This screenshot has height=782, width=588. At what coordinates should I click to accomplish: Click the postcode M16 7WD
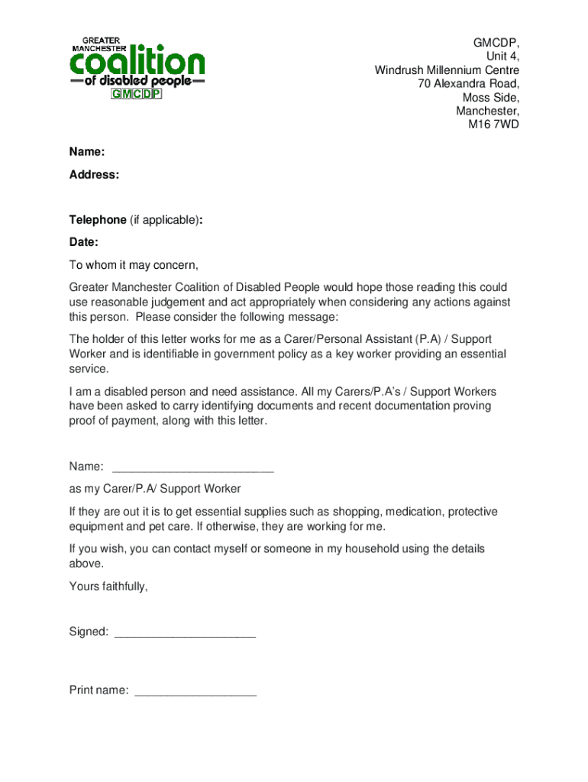pyautogui.click(x=493, y=124)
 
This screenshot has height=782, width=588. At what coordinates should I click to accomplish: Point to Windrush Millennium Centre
pyautogui.click(x=447, y=70)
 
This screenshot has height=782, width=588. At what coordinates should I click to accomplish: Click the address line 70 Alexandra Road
pyautogui.click(x=468, y=84)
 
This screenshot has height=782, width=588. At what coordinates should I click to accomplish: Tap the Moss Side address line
pyautogui.click(x=490, y=98)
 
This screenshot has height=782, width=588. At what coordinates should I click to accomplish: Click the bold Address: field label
pyautogui.click(x=94, y=175)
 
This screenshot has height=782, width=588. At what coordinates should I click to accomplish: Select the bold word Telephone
pyautogui.click(x=98, y=220)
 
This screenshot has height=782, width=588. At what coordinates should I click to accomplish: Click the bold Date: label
pyautogui.click(x=84, y=242)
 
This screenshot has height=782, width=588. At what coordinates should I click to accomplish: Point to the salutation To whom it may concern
pyautogui.click(x=134, y=265)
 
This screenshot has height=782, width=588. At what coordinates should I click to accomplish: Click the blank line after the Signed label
pyautogui.click(x=184, y=632)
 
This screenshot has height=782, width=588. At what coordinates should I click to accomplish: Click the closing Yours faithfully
pyautogui.click(x=108, y=586)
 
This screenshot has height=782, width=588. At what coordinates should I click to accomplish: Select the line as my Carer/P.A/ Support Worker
pyautogui.click(x=155, y=489)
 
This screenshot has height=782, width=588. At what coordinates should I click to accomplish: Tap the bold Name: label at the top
pyautogui.click(x=87, y=153)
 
